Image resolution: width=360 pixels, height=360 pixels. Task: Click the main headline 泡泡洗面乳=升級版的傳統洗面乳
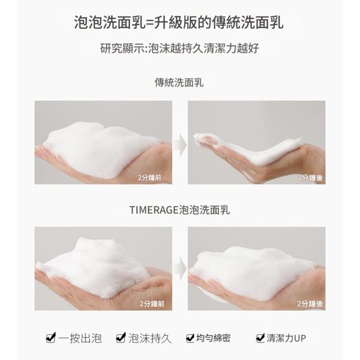tap(179, 23)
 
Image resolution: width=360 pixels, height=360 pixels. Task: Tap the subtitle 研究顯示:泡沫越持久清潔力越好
tap(180, 48)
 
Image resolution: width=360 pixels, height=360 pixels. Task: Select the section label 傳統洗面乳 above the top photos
tap(179, 83)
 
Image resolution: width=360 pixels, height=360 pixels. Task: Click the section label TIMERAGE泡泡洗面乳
tap(180, 210)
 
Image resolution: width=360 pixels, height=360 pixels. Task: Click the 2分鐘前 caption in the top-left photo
tap(149, 178)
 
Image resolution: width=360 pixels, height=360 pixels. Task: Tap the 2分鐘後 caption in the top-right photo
tap(310, 178)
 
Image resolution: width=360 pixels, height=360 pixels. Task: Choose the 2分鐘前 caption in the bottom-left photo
tap(152, 304)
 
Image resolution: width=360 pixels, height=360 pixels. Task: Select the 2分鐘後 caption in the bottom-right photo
tap(310, 304)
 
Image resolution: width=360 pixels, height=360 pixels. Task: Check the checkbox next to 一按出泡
tap(51, 338)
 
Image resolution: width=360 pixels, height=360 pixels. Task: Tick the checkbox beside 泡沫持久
tap(121, 338)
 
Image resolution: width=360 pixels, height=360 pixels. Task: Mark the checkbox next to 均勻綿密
tap(190, 338)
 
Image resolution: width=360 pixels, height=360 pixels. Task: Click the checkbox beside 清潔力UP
tap(260, 338)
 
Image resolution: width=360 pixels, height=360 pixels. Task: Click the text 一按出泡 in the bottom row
tap(80, 338)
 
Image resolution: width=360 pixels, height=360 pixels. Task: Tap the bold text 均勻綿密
tap(213, 338)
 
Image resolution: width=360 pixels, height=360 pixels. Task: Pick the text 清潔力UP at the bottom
tap(286, 338)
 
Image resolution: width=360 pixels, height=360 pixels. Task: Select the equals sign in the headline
tap(149, 23)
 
